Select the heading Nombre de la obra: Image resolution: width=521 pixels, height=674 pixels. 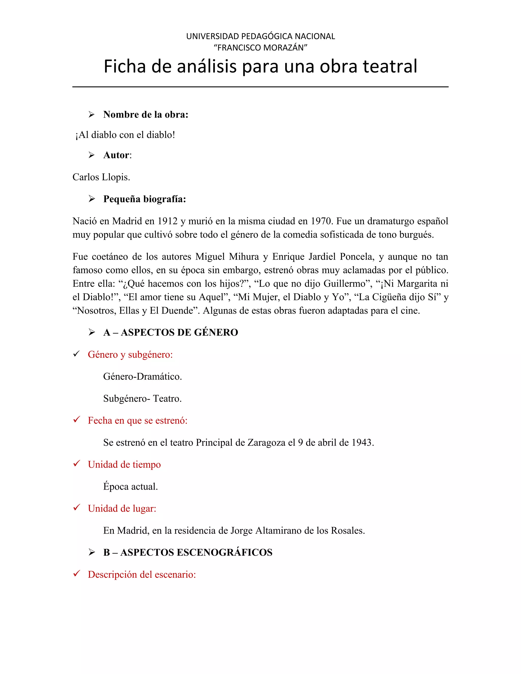point(146,114)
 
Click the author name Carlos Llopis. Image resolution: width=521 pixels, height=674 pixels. point(101,177)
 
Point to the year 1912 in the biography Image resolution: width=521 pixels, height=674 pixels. point(168,221)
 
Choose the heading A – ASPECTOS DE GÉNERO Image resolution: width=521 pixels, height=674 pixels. point(171,332)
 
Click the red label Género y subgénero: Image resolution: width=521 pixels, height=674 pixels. point(130,355)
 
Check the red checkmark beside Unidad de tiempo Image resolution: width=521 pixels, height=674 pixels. point(77,463)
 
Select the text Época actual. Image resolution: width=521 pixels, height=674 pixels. point(131,487)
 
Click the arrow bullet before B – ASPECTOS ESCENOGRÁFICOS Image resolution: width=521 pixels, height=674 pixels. point(92,552)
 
